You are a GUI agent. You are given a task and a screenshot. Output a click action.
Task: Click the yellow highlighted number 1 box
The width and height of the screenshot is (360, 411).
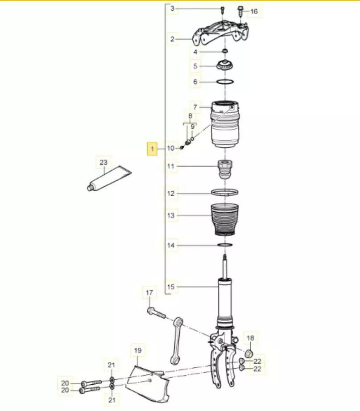pyautogui.click(x=152, y=149)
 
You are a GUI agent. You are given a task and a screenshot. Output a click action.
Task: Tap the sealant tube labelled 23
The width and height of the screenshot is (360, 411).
pyautogui.click(x=109, y=178)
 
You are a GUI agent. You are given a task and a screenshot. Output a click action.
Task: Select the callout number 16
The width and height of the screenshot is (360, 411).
pyautogui.click(x=254, y=11)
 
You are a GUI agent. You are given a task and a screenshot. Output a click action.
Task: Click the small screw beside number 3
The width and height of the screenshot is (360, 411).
pyautogui.click(x=222, y=10)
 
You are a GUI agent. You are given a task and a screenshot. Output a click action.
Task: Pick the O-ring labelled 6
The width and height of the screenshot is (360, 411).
pyautogui.click(x=225, y=82)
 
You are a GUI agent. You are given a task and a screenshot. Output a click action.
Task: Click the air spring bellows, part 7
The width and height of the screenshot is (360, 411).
pyautogui.click(x=225, y=124)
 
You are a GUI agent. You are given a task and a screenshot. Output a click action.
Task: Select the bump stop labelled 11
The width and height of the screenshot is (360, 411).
pyautogui.click(x=225, y=169)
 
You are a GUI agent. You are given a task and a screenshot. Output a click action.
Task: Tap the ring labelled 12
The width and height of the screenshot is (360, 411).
pyautogui.click(x=225, y=192)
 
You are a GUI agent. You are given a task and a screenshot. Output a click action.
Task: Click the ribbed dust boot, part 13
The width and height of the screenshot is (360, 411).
pyautogui.click(x=225, y=220)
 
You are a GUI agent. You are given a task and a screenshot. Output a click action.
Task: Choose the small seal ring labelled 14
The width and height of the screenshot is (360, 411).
pyautogui.click(x=225, y=245)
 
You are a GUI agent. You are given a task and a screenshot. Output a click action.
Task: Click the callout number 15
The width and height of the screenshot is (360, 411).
pyautogui.click(x=171, y=287)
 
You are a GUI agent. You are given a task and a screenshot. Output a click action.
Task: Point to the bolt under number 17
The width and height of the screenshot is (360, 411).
pyautogui.click(x=157, y=312)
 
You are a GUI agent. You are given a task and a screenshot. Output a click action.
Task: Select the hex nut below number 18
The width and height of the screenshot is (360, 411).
pyautogui.click(x=249, y=354)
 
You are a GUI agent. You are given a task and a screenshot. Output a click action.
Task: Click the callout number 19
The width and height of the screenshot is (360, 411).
pyautogui.click(x=138, y=350)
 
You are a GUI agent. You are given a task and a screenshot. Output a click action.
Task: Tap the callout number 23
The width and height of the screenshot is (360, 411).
pyautogui.click(x=103, y=162)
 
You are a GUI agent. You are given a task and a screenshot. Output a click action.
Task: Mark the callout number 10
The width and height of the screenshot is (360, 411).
pyautogui.click(x=171, y=148)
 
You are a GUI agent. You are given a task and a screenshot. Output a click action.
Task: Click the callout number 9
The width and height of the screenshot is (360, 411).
pyautogui.click(x=193, y=127)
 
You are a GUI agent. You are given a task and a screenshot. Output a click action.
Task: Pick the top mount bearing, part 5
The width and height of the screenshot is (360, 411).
pyautogui.click(x=225, y=65)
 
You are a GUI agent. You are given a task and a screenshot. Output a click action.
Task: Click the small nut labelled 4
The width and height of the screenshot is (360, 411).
pyautogui.click(x=224, y=50)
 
